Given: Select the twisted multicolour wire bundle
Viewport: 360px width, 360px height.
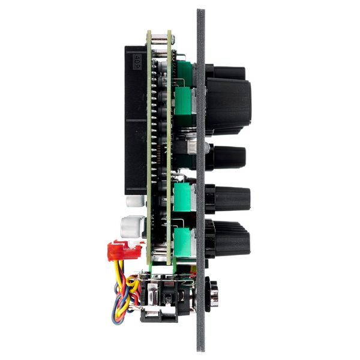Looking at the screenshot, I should click(123, 294).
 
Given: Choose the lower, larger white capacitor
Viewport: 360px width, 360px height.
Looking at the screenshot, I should click(131, 226).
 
